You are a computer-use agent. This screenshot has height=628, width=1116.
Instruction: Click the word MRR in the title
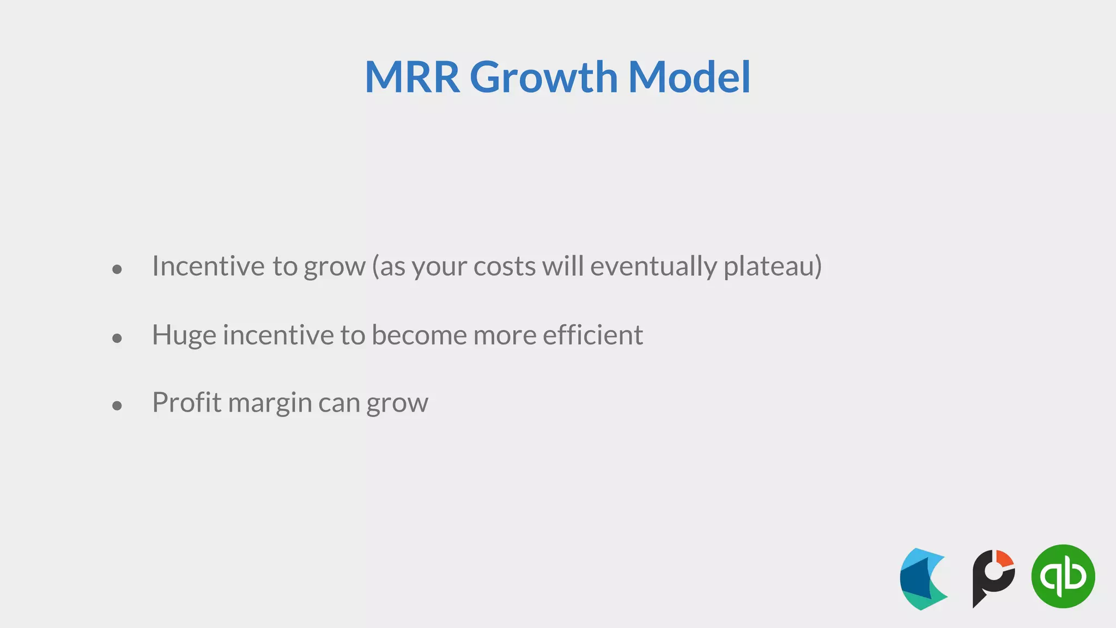coord(413,77)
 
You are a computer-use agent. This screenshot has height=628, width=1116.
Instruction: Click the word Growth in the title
coord(543,77)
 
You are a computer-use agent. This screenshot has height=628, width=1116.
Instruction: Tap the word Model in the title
coord(689,77)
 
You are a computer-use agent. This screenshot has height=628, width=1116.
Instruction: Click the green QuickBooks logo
coord(1063,576)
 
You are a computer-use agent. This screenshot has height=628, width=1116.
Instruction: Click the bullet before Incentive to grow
coord(117,269)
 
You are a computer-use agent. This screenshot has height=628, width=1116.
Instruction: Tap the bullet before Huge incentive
coord(117,338)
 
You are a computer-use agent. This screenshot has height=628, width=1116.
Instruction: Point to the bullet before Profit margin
coord(117,405)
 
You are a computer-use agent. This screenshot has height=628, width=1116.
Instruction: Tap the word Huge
coord(184,335)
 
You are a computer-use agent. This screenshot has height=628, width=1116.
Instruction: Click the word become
coord(419,335)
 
